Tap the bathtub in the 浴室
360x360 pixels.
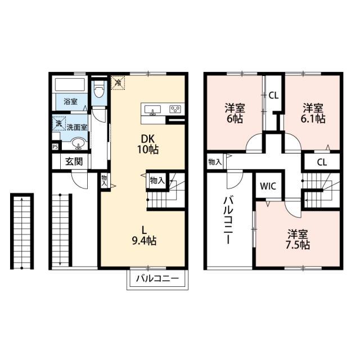[x=70, y=85]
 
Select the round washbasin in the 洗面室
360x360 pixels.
[x=78, y=143]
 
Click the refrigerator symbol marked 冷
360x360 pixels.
[x=118, y=83]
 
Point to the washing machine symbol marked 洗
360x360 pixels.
[x=59, y=124]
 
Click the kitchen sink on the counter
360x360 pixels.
[x=152, y=110]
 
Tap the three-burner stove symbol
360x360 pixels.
[x=175, y=109]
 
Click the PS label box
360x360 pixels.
[x=55, y=146]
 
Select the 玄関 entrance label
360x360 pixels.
[x=74, y=162]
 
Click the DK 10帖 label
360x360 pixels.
[x=148, y=144]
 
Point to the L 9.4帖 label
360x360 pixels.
[x=144, y=236]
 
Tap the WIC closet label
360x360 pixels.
[x=268, y=186]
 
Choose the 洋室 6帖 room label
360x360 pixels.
[x=235, y=114]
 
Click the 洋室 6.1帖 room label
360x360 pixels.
[x=313, y=114]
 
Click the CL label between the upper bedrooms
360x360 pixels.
[x=273, y=95]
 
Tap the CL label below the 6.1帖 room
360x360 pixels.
[x=322, y=163]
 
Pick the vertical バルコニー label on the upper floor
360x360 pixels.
[x=228, y=220]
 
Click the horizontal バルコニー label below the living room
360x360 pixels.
[x=157, y=279]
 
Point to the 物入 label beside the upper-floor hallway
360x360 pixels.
[x=215, y=163]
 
